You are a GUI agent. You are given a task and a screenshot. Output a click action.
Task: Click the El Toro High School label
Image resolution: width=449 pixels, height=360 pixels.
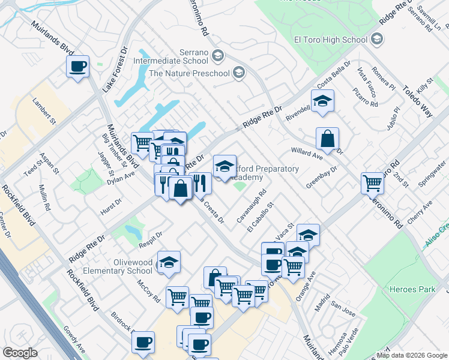(x=330, y=40)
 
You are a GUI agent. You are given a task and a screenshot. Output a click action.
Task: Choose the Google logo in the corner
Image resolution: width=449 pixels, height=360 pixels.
(x=20, y=353)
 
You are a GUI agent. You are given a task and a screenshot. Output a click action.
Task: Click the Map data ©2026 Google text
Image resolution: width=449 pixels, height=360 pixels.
(x=412, y=355)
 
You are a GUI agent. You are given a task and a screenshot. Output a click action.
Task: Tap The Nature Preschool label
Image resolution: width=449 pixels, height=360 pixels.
(x=189, y=73)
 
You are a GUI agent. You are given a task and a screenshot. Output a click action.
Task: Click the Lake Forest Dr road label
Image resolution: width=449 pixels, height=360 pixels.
(x=115, y=69)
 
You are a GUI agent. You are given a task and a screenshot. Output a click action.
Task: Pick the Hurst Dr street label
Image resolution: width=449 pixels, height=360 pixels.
(x=110, y=205)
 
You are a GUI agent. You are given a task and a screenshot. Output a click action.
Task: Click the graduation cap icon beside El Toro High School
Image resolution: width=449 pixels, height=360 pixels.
(x=377, y=40)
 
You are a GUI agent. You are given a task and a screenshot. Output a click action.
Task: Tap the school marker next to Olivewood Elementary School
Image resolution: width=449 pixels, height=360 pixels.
(x=169, y=262)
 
